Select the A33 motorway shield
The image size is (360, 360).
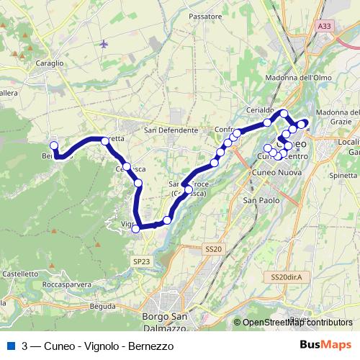pyautogui.click(x=325, y=26)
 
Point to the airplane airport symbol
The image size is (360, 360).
pyautogui.click(x=105, y=44)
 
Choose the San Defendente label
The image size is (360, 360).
pyautogui.click(x=171, y=130)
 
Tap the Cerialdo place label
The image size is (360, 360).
pyautogui.click(x=261, y=108)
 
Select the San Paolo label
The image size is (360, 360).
pyautogui.click(x=258, y=199)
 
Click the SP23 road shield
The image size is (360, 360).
pyautogui.click(x=140, y=261)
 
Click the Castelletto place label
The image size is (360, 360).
pyautogui.click(x=19, y=274)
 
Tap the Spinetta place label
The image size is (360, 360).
pyautogui.click(x=343, y=175)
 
